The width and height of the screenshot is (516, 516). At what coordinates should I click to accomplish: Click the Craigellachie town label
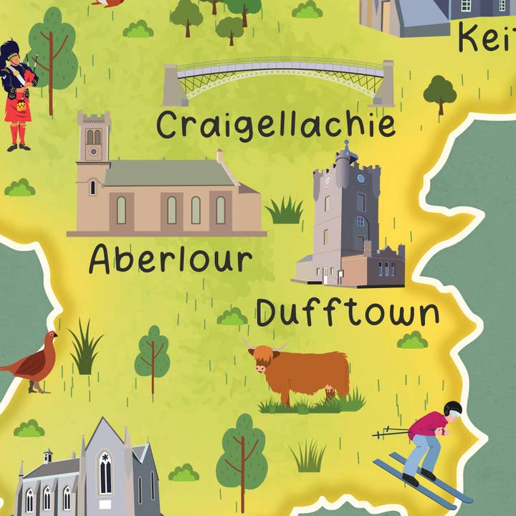[x=276, y=125]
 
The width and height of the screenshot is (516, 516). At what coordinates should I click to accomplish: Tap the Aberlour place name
[x=171, y=259]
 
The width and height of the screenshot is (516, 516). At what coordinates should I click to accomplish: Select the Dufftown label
[x=348, y=313]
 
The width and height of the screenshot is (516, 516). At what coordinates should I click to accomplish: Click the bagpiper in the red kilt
[x=19, y=93]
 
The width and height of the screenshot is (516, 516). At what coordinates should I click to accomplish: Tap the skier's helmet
[x=453, y=409]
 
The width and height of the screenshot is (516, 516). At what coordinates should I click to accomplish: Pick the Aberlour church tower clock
[x=93, y=152]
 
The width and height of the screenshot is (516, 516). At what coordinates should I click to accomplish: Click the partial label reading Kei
[x=487, y=37]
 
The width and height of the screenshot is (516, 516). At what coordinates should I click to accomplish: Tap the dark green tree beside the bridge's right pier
[x=439, y=92]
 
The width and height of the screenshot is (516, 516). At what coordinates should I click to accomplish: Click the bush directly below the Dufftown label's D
[x=233, y=316]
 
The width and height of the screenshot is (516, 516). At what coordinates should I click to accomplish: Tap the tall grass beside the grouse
[x=85, y=349]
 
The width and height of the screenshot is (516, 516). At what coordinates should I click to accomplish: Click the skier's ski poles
[x=391, y=432]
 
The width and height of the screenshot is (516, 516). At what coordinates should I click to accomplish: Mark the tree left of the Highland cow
[x=152, y=355]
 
